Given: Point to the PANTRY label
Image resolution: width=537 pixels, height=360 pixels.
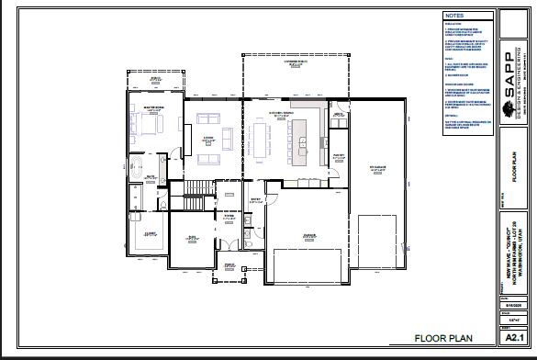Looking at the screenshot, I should (x=338, y=156).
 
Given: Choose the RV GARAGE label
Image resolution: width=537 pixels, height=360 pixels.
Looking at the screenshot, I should (x=377, y=168).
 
